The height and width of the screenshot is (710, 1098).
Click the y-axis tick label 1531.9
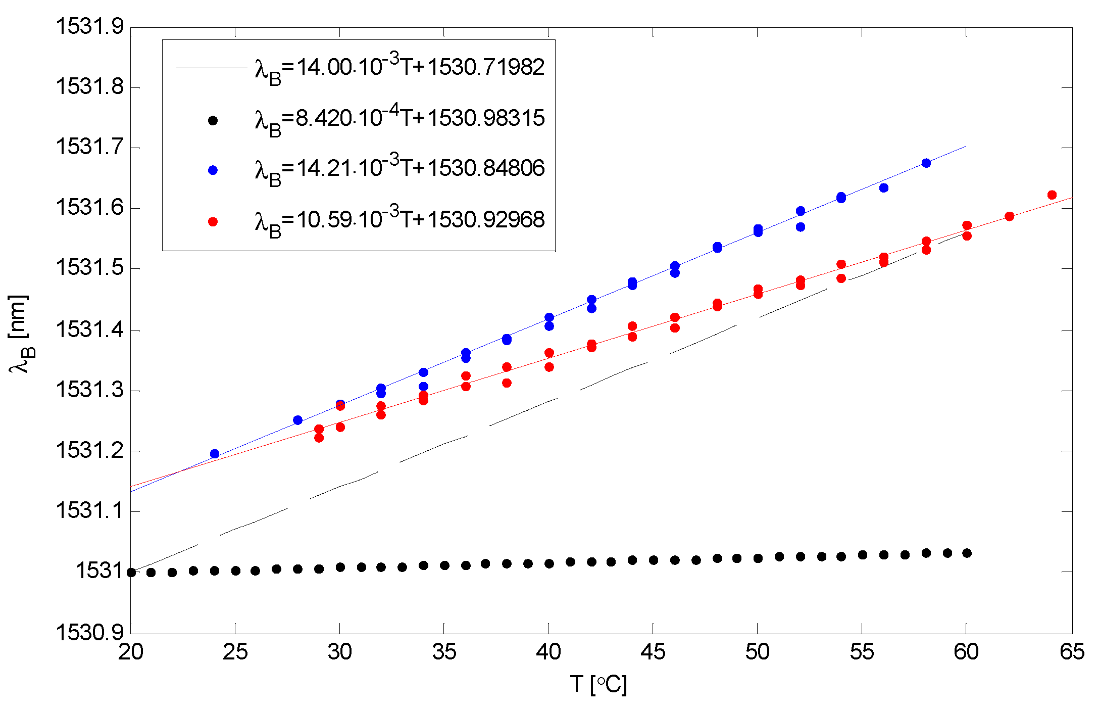[89, 27]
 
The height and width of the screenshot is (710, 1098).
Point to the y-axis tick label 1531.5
[89, 268]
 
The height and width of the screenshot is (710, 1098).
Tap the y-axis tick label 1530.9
[89, 633]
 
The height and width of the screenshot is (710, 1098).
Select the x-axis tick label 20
[131, 652]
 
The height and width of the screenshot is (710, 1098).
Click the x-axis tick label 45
[653, 652]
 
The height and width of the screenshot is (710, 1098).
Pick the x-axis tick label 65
[1072, 652]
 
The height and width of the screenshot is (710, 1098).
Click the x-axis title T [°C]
[599, 685]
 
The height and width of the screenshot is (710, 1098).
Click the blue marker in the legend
[213, 170]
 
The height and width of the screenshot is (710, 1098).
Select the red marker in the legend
[213, 221]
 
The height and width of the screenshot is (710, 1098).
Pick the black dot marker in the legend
[213, 120]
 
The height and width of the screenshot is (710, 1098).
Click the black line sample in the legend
[211, 68]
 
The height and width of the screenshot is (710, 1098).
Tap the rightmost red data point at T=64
[1052, 195]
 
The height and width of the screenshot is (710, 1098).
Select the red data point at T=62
[1010, 216]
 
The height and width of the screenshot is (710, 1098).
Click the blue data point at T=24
[215, 454]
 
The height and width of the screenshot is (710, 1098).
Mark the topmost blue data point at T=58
[926, 163]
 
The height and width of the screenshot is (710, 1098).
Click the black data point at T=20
[131, 573]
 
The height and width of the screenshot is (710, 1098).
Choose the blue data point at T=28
[298, 420]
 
